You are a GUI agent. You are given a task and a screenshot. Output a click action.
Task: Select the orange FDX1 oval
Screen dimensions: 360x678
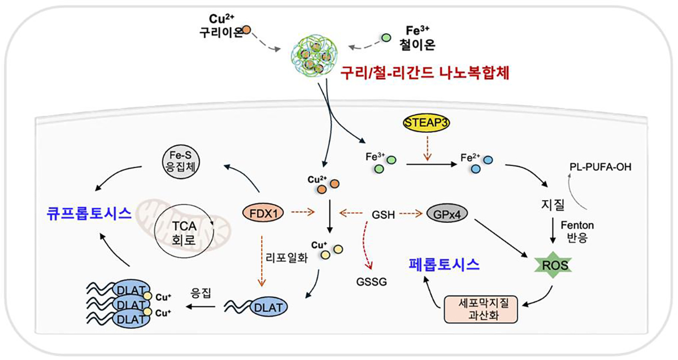[x=262, y=214]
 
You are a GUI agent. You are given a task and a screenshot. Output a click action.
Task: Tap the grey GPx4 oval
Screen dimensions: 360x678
[x=450, y=214]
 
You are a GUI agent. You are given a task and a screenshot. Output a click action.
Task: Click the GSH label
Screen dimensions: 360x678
[x=383, y=215]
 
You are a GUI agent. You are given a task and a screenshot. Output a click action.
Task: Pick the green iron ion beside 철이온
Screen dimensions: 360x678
[x=387, y=37]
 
